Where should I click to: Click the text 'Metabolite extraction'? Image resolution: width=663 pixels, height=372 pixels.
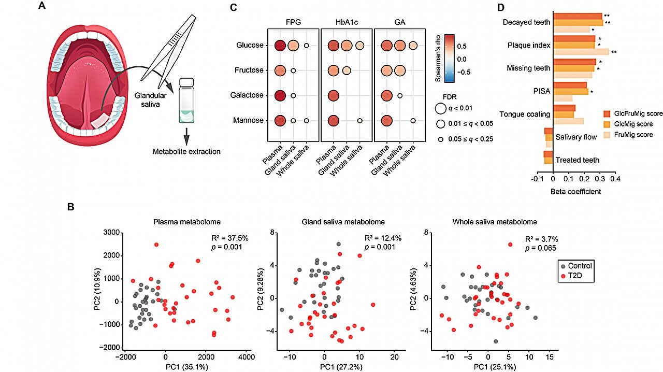(186, 152)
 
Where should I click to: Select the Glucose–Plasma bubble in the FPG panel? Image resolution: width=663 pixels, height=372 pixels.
(280, 46)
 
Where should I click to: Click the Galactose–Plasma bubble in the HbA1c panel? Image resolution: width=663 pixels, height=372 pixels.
(334, 95)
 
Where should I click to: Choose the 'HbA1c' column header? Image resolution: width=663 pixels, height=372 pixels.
(346, 23)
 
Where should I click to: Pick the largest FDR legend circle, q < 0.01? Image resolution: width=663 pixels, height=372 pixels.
(441, 108)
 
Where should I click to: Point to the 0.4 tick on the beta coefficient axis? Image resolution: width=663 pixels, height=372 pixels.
(615, 179)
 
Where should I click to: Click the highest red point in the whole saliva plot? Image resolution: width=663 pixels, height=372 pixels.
(510, 244)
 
